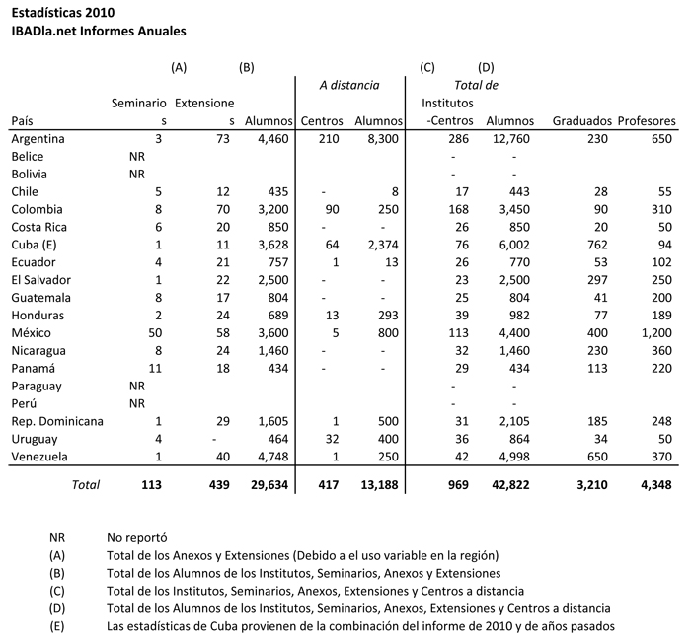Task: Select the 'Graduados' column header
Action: [582, 121]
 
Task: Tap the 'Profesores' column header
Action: [647, 121]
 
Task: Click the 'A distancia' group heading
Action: [349, 86]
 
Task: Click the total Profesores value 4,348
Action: [655, 485]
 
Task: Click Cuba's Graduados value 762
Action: [598, 246]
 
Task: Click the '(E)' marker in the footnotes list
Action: [56, 626]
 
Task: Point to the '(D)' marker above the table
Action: [486, 67]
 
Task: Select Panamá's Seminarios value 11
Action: [155, 369]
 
